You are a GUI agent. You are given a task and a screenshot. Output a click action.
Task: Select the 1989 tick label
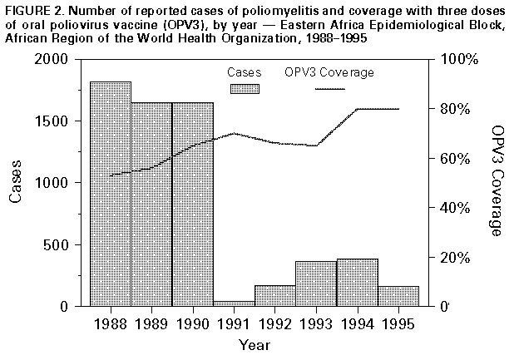(x=151, y=323)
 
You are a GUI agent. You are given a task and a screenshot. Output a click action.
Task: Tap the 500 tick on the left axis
(x=64, y=244)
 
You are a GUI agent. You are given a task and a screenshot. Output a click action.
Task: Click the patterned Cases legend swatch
(x=245, y=88)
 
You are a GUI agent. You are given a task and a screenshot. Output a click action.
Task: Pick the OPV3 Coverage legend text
(x=329, y=72)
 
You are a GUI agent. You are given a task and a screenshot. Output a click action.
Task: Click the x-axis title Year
(x=253, y=343)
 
